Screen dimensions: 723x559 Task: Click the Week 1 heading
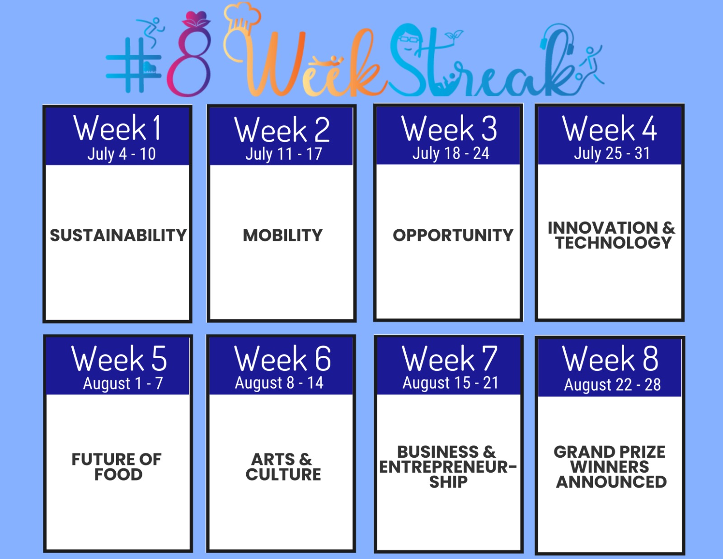coord(117,128)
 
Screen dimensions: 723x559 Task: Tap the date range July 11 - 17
coord(283,154)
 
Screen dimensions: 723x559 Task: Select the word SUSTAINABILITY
coord(118,235)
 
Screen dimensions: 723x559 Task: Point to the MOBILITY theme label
coord(282,235)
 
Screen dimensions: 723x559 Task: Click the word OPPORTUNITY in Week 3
coord(453,235)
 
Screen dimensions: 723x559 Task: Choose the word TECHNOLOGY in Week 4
coord(613,242)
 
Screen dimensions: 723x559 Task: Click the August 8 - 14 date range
coord(279,383)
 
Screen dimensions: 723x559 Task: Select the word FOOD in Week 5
coord(118,474)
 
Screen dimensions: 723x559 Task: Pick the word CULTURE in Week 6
coord(283,474)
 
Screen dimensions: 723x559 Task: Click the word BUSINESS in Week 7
coord(438,452)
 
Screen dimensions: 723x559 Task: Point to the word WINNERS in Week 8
coord(610,467)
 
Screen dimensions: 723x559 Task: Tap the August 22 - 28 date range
coord(612,385)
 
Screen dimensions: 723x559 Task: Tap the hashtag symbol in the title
coord(134,65)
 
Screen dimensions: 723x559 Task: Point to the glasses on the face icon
coord(408,39)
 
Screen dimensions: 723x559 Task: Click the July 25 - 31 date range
coord(611,153)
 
